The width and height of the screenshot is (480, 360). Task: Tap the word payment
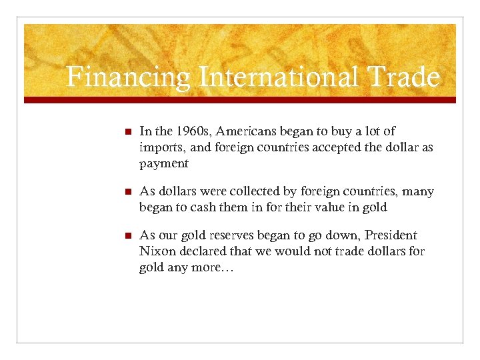[164, 164]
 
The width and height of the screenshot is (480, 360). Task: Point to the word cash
[213, 207]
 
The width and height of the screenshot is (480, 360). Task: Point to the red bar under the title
[240, 100]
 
